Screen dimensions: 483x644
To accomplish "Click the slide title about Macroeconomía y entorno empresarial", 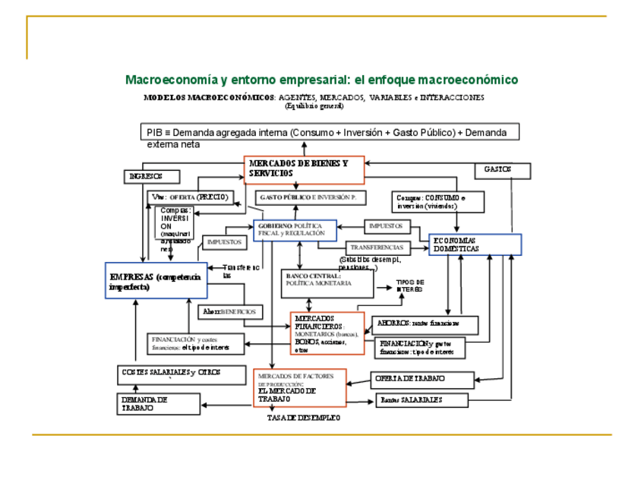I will [321, 80].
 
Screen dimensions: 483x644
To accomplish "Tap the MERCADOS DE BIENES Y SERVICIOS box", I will [305, 169].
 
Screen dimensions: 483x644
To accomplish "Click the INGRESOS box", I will [153, 176].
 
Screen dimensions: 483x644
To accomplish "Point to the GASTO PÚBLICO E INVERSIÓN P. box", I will [311, 197].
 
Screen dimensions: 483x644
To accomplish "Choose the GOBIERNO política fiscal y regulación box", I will [295, 230].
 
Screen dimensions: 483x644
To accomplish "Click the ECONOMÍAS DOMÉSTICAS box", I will [475, 244].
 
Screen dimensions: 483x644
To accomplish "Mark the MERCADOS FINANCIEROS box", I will [327, 333].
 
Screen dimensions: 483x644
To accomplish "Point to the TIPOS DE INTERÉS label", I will [410, 286].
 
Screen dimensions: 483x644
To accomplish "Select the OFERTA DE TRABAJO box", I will [422, 378].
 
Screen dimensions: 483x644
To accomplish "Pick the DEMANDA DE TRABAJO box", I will [157, 404].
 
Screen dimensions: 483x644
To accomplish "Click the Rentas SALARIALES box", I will [421, 399].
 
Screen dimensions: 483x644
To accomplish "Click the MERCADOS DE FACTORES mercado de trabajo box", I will [299, 387].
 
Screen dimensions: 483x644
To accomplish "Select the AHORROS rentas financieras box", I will [425, 324].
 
